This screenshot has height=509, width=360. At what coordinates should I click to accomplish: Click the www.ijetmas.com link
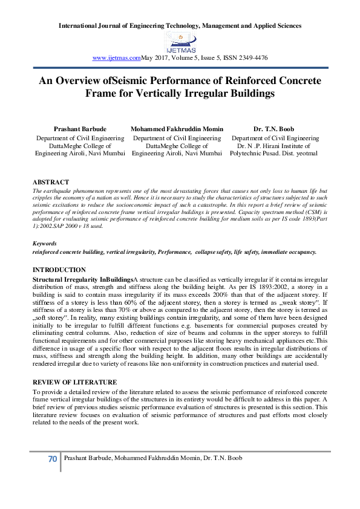tap(116, 57)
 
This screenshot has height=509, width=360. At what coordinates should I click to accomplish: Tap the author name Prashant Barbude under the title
tap(79, 129)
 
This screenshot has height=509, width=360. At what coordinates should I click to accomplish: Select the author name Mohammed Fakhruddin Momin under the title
tap(177, 129)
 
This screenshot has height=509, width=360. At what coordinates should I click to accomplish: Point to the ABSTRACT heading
tap(50, 182)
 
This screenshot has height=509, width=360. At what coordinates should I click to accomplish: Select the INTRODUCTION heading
tap(59, 269)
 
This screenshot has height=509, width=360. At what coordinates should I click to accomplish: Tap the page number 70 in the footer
tap(52, 459)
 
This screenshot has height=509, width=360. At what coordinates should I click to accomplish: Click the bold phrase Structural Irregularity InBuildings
tap(82, 278)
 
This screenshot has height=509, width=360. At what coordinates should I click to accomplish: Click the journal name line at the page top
tap(180, 26)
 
